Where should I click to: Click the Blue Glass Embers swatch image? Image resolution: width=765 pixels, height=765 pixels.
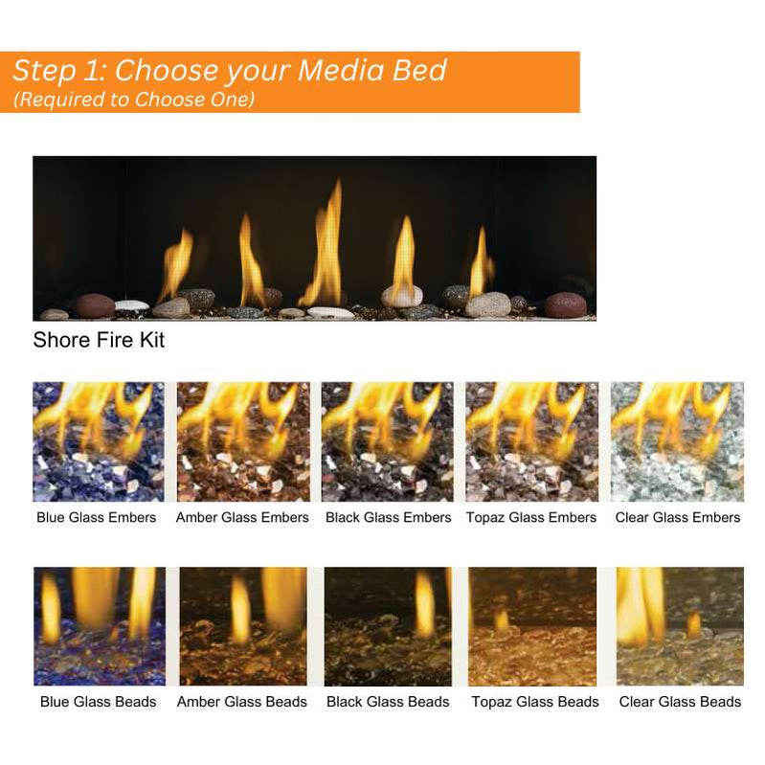pos(99,441)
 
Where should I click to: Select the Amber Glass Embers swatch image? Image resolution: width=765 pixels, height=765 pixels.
pos(242,441)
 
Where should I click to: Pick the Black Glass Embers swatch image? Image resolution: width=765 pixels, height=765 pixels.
pos(387,441)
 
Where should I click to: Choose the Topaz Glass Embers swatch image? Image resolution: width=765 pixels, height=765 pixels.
pos(531,441)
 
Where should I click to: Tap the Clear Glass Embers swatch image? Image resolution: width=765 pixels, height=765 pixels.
pos(677,441)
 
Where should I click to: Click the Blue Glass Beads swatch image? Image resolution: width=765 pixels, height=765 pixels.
pos(99,626)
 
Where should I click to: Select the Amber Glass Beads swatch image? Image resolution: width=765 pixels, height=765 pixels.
pos(242,626)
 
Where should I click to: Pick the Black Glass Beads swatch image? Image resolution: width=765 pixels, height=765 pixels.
pos(387,626)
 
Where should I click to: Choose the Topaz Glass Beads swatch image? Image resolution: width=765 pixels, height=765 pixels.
pos(531,626)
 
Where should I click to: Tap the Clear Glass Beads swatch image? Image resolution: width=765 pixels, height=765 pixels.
pos(680,626)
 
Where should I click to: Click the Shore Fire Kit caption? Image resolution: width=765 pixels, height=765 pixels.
pos(99,341)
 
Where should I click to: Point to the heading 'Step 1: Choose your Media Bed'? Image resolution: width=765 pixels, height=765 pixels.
pos(230,71)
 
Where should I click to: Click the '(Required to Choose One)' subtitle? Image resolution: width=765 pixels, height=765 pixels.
pos(133,99)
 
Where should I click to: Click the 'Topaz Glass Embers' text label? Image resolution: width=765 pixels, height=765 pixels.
pos(531,518)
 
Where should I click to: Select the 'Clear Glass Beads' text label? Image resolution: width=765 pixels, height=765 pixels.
pos(680,702)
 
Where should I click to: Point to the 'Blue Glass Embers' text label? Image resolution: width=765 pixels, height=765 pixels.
pos(97,518)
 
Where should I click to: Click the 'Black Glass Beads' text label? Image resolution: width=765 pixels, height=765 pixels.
pos(388,702)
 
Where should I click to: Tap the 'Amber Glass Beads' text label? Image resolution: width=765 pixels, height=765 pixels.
pos(242,702)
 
